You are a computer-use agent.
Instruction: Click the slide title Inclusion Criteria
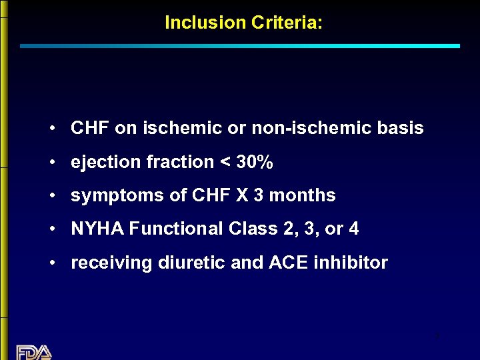click(243, 23)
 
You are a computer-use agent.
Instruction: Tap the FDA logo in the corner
click(33, 351)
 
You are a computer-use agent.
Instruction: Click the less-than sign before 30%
click(225, 163)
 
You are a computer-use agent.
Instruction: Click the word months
click(303, 195)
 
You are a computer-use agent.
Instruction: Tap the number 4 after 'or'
click(353, 229)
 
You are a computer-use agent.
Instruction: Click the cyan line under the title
click(240, 46)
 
